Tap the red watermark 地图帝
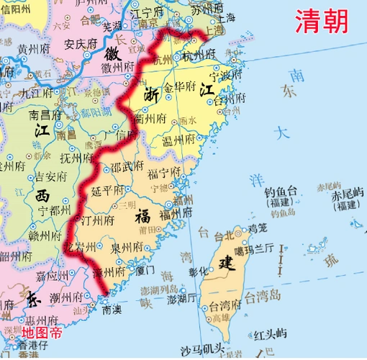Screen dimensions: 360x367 [42, 332]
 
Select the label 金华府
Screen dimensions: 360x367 [180, 86]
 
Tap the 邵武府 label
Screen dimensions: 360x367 [127, 166]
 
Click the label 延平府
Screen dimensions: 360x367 [109, 191]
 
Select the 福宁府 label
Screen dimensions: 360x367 [163, 173]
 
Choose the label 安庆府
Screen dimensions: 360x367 [81, 43]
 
